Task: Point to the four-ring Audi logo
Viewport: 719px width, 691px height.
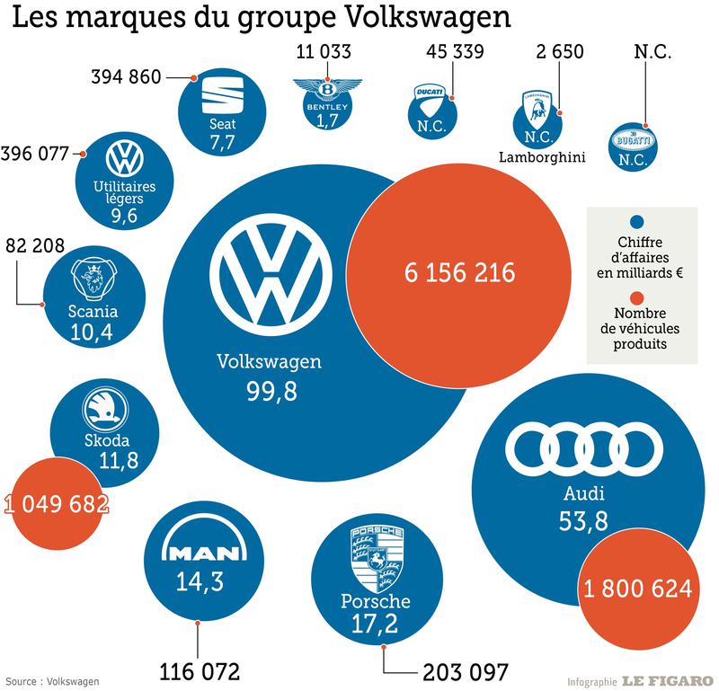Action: (x=583, y=447)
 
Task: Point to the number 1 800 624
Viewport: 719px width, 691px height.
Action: (x=637, y=589)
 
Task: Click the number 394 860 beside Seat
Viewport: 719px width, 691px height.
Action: (x=125, y=76)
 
